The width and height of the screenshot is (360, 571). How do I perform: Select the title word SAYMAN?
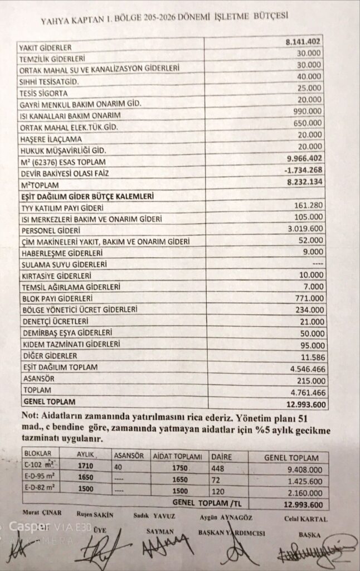[x=157, y=531]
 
